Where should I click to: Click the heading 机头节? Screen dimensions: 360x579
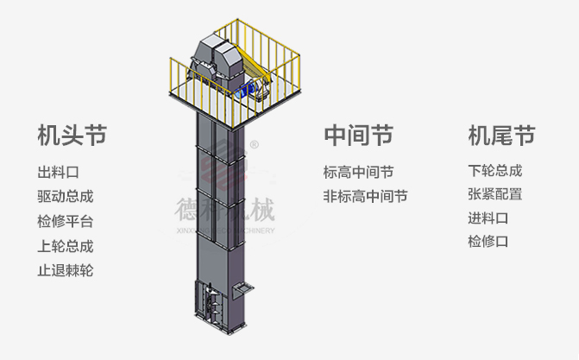(x=72, y=136)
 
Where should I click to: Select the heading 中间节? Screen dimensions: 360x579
(x=358, y=136)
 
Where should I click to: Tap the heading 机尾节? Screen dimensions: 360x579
(x=501, y=136)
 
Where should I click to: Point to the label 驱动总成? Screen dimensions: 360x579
(x=65, y=196)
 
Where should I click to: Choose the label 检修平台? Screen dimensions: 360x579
(x=65, y=221)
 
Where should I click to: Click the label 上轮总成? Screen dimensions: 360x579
(x=65, y=246)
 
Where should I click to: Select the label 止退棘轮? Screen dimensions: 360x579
(x=65, y=270)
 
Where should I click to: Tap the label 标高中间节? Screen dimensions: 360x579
(x=358, y=172)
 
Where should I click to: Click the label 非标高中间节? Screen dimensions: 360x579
(x=365, y=196)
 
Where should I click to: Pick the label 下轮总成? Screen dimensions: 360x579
(x=494, y=171)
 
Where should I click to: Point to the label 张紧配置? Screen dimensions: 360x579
(x=494, y=194)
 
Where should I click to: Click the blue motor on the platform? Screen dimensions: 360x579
(x=251, y=87)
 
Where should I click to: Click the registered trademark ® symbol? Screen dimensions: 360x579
(x=254, y=144)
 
